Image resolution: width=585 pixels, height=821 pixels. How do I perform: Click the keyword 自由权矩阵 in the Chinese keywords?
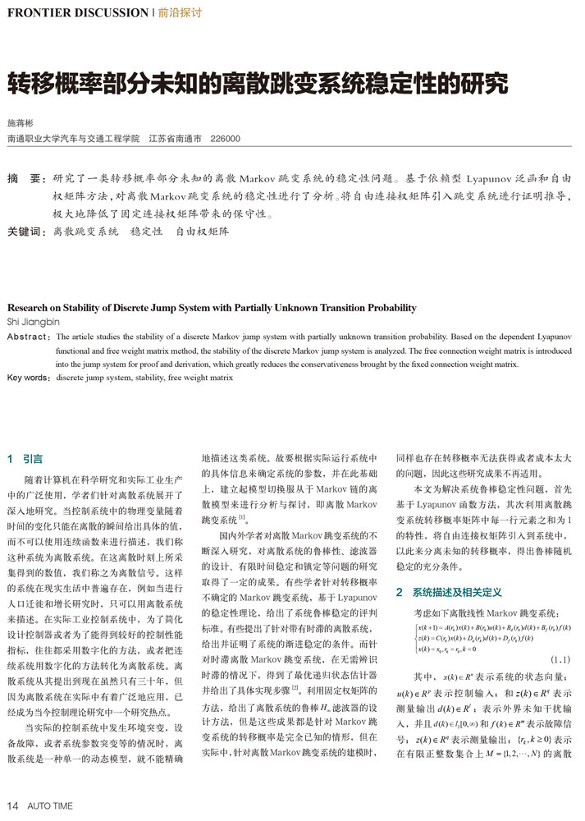tap(203, 232)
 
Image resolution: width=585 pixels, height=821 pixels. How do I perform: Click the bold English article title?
tap(212, 308)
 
